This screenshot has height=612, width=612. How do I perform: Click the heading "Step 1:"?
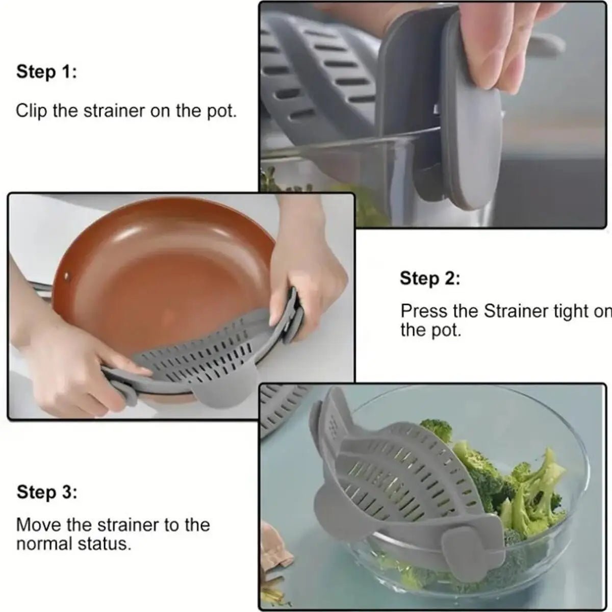pos(46,72)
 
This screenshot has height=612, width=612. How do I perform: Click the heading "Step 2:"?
pos(430,279)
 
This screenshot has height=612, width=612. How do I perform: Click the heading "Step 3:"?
pos(47,493)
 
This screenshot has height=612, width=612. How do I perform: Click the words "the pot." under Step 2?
pos(430,330)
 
